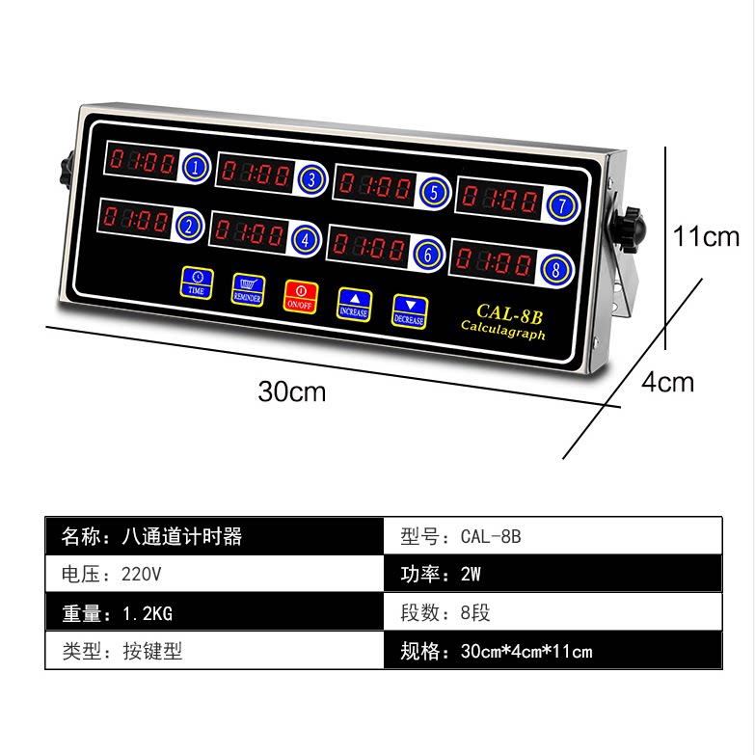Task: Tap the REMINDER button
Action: click(248, 289)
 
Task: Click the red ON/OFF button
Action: click(300, 297)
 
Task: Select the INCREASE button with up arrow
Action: click(354, 305)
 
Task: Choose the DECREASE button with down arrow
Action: click(409, 311)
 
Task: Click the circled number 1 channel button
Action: click(196, 167)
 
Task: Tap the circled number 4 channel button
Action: click(305, 239)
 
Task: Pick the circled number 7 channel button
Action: click(561, 205)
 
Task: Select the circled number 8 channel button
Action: click(555, 269)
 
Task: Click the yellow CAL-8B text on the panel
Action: click(509, 314)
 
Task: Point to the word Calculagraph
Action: click(502, 330)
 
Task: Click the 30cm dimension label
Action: click(292, 391)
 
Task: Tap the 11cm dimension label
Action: click(706, 236)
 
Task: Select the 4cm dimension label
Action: click(667, 383)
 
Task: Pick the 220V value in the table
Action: click(141, 574)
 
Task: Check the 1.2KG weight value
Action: click(148, 613)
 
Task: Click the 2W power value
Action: click(471, 574)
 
